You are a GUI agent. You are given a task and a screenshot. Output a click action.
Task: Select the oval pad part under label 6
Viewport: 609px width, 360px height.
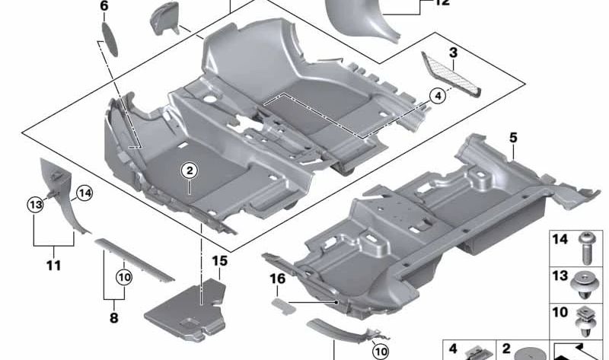point(110,38)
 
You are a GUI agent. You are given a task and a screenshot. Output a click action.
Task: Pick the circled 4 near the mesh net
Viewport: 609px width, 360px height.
point(437,96)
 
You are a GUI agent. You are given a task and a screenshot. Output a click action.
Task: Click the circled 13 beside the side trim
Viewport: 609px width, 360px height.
point(34,204)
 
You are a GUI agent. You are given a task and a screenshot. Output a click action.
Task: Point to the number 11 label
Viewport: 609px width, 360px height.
point(53,266)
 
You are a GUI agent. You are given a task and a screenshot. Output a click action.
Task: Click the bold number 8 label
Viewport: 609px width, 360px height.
point(113,318)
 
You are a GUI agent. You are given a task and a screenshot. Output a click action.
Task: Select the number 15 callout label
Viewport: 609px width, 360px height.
point(219,261)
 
